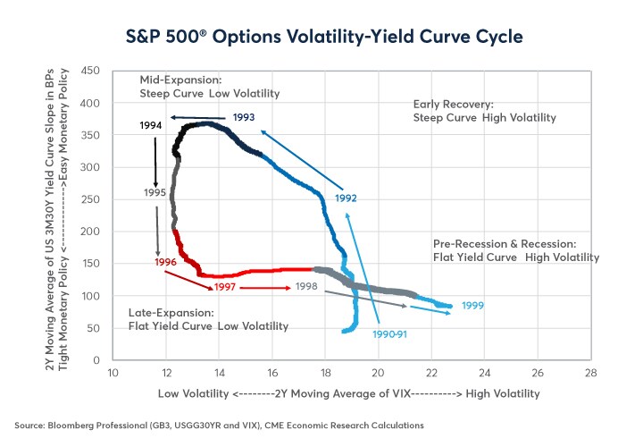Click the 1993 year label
(244, 117)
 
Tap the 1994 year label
(151, 126)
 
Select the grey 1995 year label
(155, 192)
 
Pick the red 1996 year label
(165, 262)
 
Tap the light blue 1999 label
(473, 306)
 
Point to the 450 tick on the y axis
(89, 72)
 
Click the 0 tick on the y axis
(96, 360)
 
